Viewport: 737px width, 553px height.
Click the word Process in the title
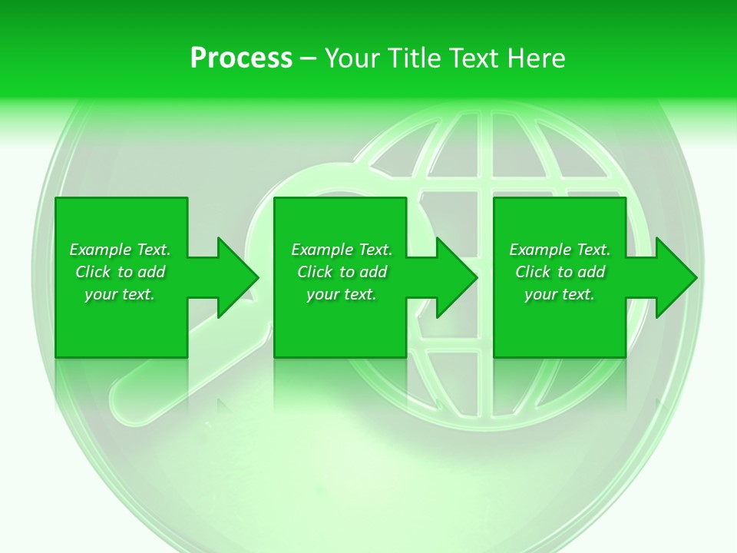coord(241,58)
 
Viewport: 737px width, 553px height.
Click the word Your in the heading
coord(353,58)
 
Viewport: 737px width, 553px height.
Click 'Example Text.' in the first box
coord(120,250)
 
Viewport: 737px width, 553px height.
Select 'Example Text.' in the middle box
coord(342,250)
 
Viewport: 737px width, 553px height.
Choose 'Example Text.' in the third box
coord(560,250)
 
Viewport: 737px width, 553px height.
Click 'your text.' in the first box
coord(120,294)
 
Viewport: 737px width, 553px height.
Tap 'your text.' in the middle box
coord(342,294)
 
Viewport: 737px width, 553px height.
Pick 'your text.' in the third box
coord(560,294)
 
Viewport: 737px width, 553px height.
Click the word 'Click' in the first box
coord(94,272)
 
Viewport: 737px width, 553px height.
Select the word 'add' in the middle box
coord(374,272)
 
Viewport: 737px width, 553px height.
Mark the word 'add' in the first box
coord(152,272)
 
